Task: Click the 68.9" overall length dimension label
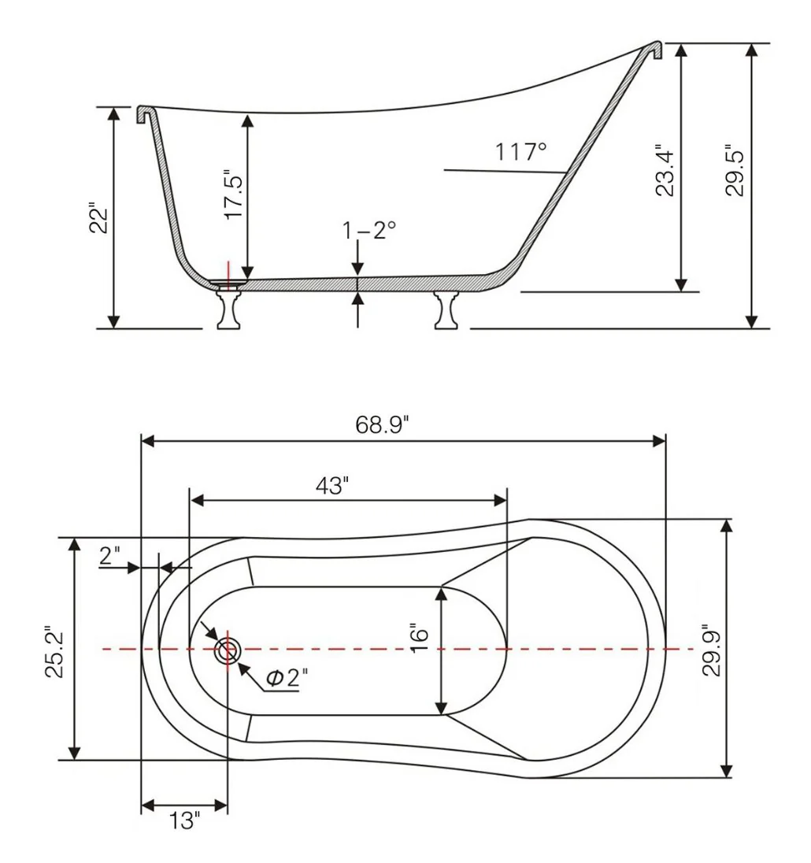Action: click(384, 426)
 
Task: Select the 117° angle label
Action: click(520, 150)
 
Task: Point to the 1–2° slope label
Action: click(368, 231)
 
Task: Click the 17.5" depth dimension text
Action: click(235, 194)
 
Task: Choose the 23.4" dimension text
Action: click(665, 171)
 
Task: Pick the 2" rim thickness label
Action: click(110, 556)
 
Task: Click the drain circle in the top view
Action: click(228, 650)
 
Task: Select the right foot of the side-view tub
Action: click(446, 310)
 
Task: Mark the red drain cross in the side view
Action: click(228, 277)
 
